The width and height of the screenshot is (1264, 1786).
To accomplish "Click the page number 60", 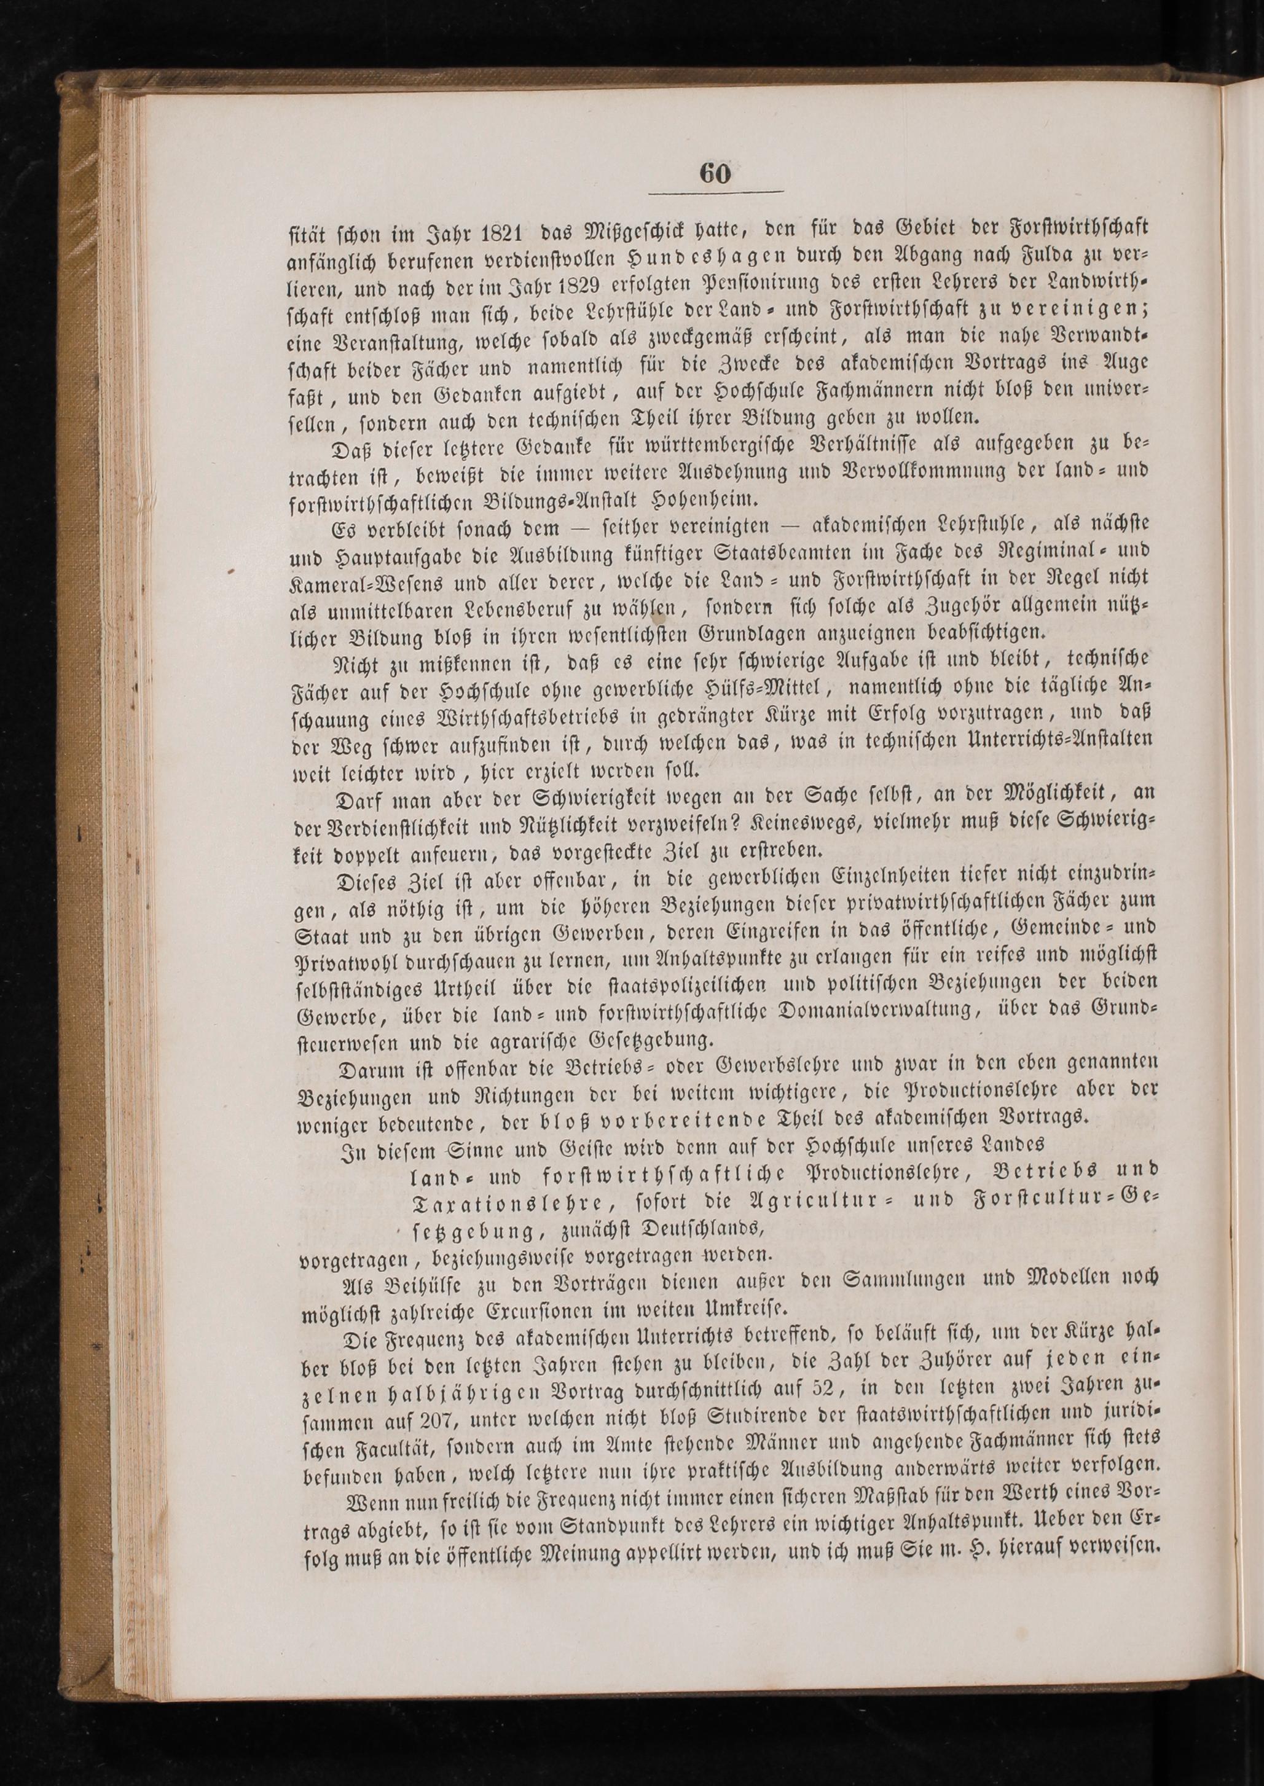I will (x=715, y=173).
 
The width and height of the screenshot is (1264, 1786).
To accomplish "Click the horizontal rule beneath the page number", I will (x=715, y=192).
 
